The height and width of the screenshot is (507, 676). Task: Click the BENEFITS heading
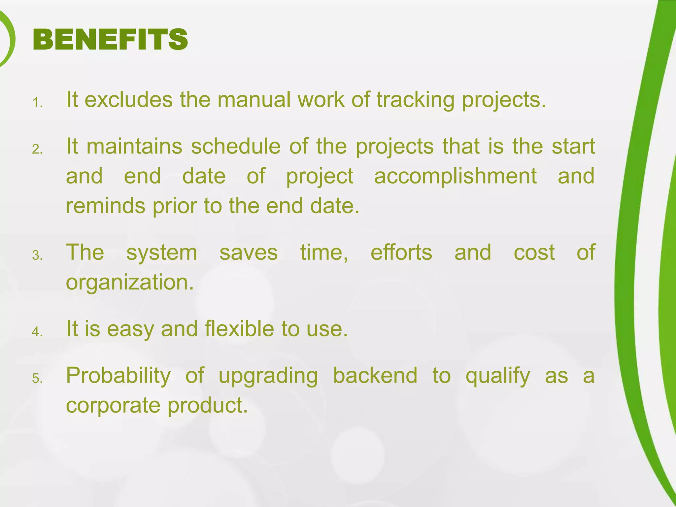tap(110, 40)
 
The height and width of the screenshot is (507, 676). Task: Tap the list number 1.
tap(37, 103)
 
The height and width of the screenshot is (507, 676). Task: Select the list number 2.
tap(37, 150)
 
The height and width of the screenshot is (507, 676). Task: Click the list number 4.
tap(37, 332)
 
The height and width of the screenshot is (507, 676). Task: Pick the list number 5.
tap(37, 379)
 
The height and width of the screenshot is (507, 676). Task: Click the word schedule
tap(236, 146)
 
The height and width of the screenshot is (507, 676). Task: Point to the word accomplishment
tap(455, 176)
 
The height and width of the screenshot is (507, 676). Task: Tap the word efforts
tap(401, 252)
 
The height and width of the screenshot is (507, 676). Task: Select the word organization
tap(130, 283)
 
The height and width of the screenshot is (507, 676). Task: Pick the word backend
tap(375, 375)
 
